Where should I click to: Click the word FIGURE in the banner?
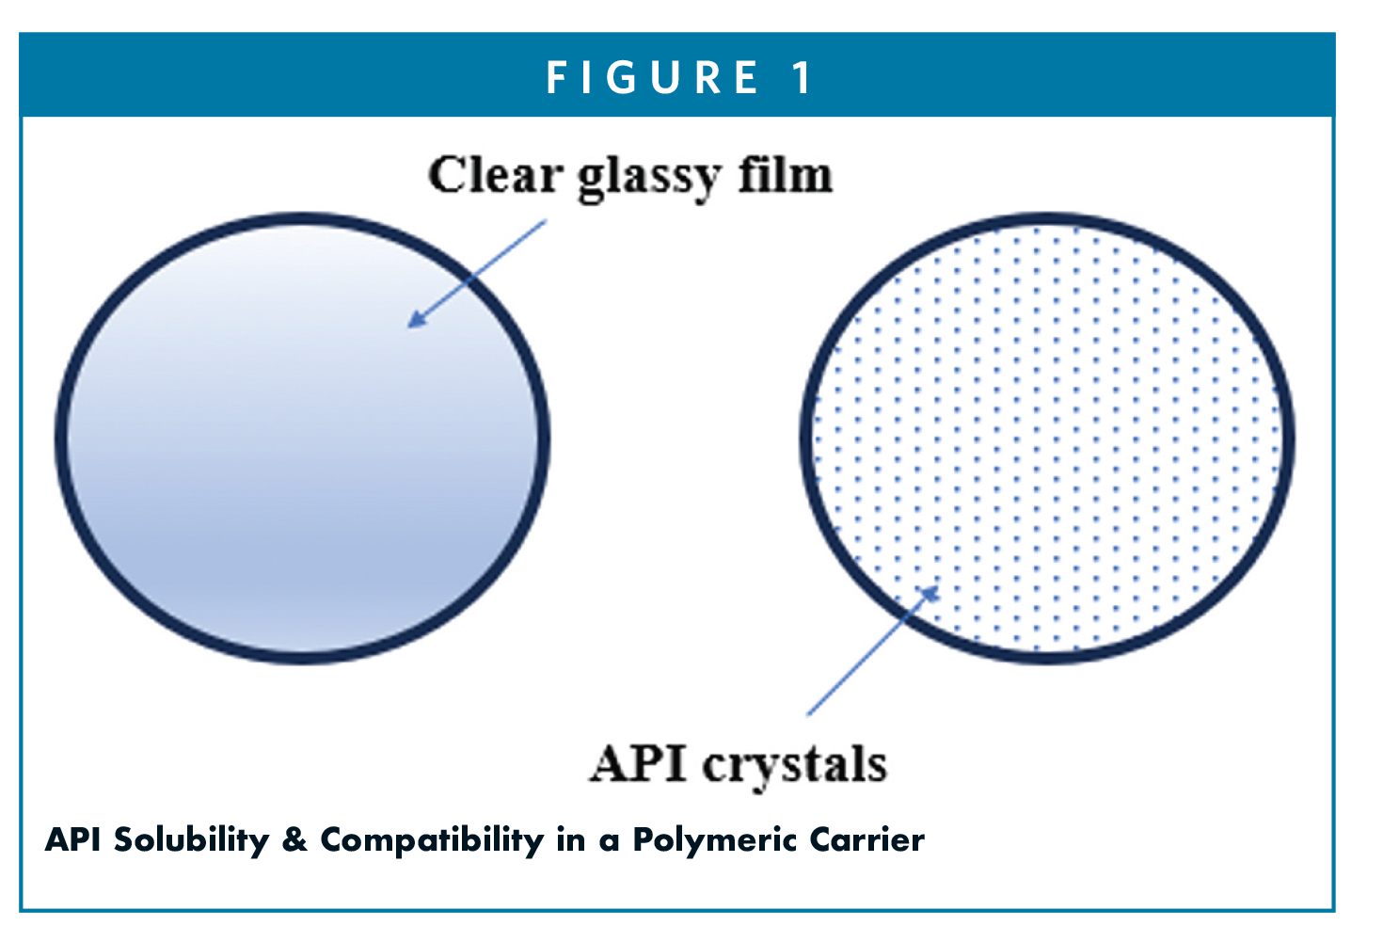click(653, 78)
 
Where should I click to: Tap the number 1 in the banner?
click(803, 78)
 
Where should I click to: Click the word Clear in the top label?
click(495, 175)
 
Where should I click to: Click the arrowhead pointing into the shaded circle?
click(416, 319)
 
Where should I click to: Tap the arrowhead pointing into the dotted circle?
click(930, 594)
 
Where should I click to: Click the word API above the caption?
click(638, 763)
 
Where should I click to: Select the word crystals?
click(795, 767)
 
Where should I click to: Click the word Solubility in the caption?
click(191, 840)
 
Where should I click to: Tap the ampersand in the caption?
click(294, 840)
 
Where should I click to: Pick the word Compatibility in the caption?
click(432, 840)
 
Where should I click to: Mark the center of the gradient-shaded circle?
click(303, 439)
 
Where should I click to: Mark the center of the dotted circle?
click(1047, 439)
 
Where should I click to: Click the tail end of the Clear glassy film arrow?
click(546, 221)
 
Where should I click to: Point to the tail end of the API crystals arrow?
click(808, 714)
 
